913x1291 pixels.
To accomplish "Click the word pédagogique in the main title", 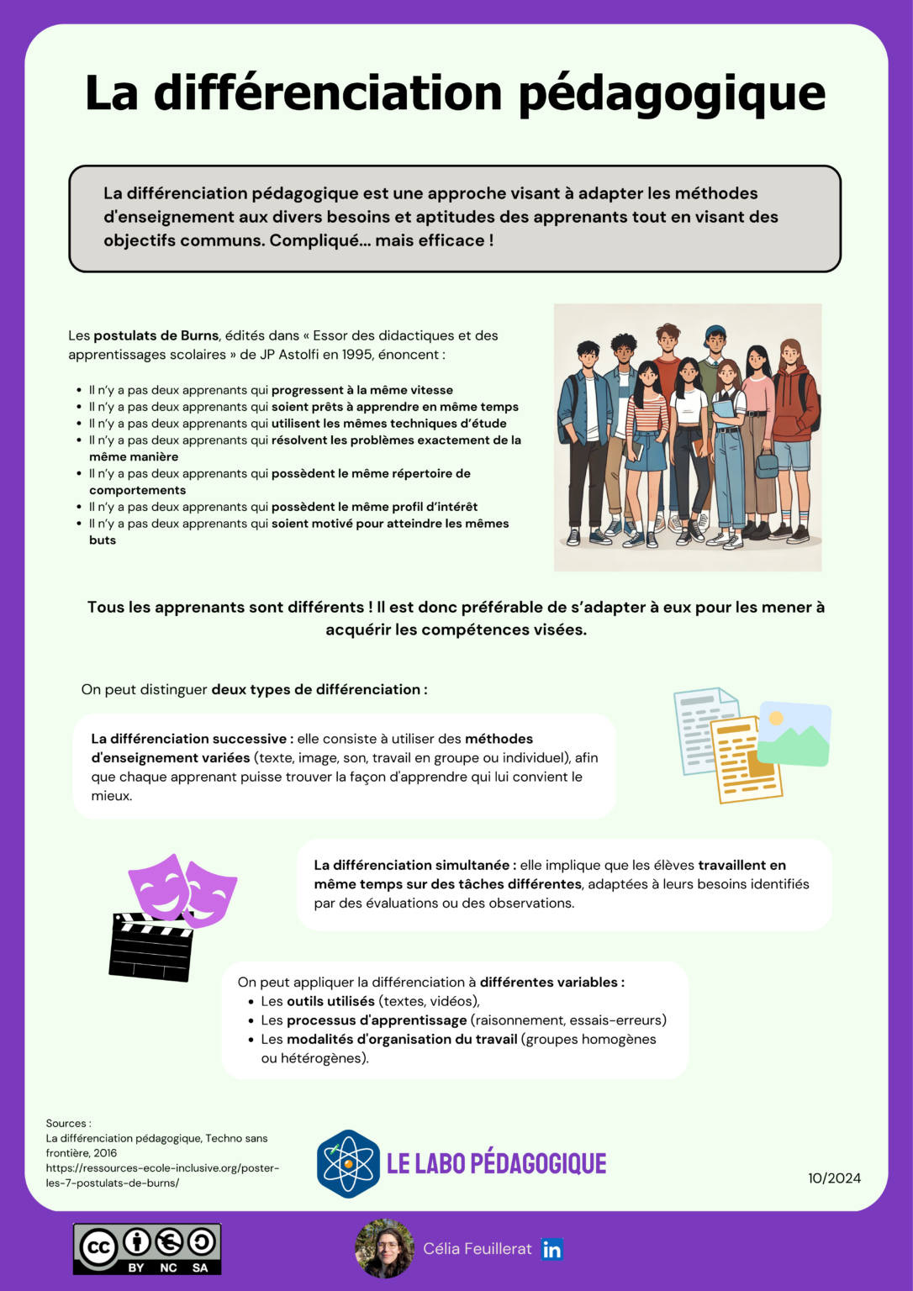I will (x=671, y=94).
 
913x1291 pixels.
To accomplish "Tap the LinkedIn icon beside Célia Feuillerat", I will (x=551, y=1249).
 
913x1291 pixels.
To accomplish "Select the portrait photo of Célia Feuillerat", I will (x=384, y=1249).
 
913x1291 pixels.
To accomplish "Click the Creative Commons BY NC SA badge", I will (x=147, y=1249).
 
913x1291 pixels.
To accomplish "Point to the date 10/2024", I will (x=834, y=1178).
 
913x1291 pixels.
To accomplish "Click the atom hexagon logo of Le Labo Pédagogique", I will (x=348, y=1164).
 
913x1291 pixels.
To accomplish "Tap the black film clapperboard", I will (x=151, y=946).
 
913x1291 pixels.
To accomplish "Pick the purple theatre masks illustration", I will (x=183, y=889).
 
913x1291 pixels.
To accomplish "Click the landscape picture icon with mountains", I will (x=794, y=734).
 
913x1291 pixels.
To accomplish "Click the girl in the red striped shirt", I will (x=646, y=420).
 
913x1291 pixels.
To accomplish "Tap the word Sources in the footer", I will (x=66, y=1124).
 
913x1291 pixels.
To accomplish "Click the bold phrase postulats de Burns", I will (x=156, y=335).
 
